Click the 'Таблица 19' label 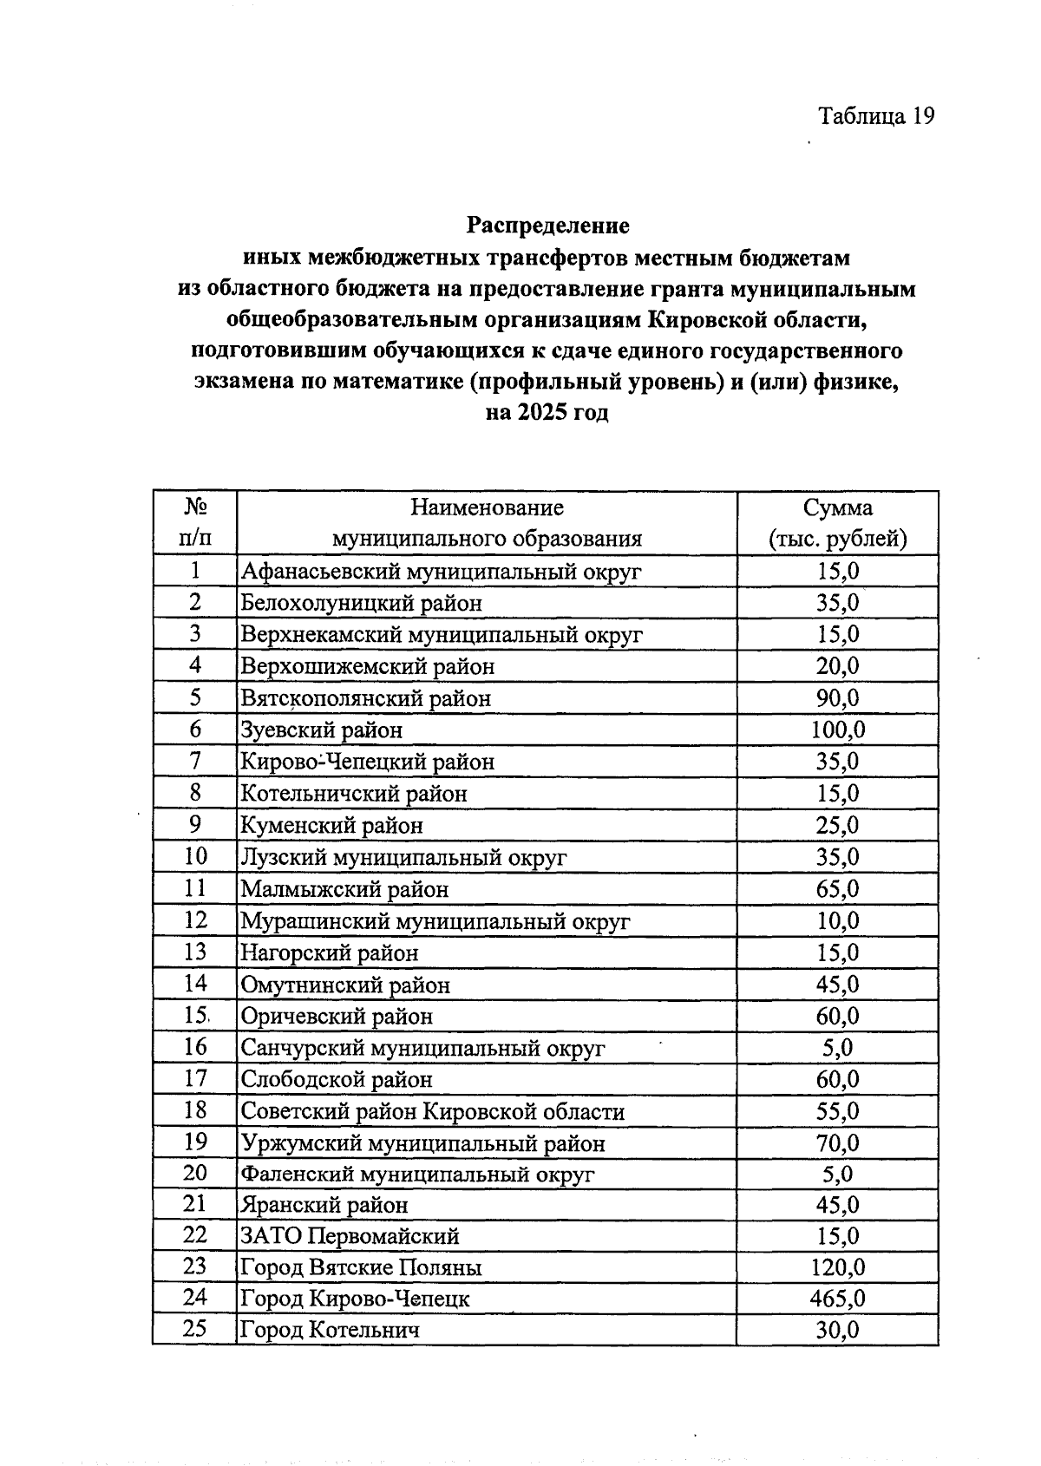pyautogui.click(x=876, y=116)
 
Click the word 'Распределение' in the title pyautogui.click(x=547, y=226)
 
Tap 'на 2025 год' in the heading pyautogui.click(x=547, y=413)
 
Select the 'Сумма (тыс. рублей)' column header pyautogui.click(x=837, y=523)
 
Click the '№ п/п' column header pyautogui.click(x=195, y=523)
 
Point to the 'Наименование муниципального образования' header pyautogui.click(x=487, y=523)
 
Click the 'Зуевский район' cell pyautogui.click(x=322, y=730)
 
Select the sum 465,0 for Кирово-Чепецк pyautogui.click(x=837, y=1299)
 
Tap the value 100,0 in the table pyautogui.click(x=837, y=730)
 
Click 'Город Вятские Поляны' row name pyautogui.click(x=361, y=1267)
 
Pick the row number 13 pyautogui.click(x=195, y=952)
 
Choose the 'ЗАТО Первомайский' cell pyautogui.click(x=350, y=1236)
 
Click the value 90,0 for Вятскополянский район pyautogui.click(x=837, y=698)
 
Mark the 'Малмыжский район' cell pyautogui.click(x=344, y=889)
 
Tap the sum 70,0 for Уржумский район pyautogui.click(x=837, y=1143)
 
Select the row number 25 pyautogui.click(x=195, y=1329)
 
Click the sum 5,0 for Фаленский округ pyautogui.click(x=837, y=1175)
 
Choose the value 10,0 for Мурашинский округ pyautogui.click(x=837, y=921)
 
